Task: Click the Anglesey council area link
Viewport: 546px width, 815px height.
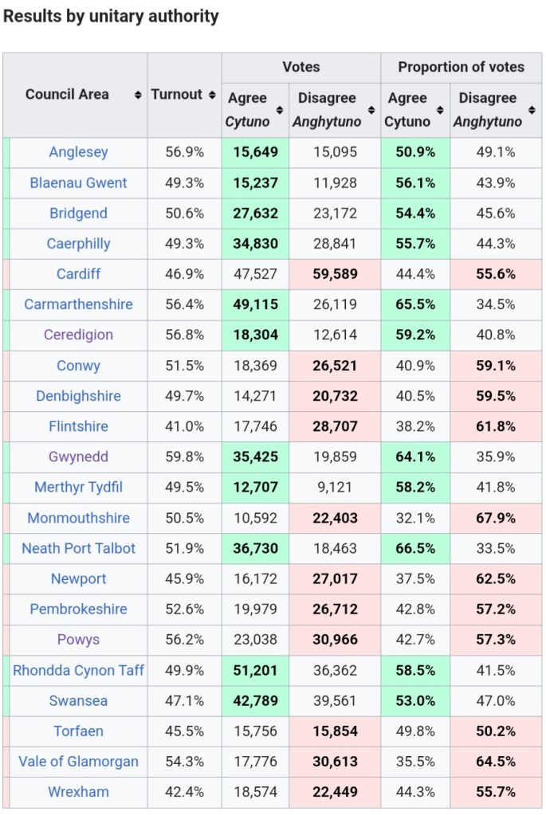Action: (78, 152)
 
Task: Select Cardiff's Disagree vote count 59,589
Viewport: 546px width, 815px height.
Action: (335, 274)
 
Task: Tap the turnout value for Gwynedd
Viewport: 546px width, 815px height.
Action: (185, 456)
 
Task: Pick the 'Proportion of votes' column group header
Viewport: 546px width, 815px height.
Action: (461, 67)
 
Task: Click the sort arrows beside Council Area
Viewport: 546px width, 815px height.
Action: (138, 95)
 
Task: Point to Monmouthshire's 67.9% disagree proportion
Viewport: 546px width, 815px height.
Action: (496, 518)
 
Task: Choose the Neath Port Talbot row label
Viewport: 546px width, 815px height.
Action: (78, 548)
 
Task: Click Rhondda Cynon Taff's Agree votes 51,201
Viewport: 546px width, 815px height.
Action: (255, 670)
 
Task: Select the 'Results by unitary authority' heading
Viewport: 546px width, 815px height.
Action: (111, 16)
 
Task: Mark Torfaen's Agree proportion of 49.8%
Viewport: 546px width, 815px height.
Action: (415, 731)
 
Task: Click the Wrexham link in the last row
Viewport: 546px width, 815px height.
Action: (78, 792)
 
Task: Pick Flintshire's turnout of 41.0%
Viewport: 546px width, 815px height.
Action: (185, 426)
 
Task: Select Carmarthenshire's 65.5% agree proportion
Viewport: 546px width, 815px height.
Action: (415, 304)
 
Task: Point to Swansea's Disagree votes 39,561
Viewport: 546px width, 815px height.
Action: (335, 701)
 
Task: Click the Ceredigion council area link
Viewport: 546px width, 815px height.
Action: (78, 335)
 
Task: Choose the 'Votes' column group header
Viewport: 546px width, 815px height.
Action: (300, 67)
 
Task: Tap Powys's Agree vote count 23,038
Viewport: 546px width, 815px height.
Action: (255, 640)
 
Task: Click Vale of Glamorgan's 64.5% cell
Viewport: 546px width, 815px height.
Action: (496, 762)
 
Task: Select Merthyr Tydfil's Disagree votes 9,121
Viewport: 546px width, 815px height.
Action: (335, 488)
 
